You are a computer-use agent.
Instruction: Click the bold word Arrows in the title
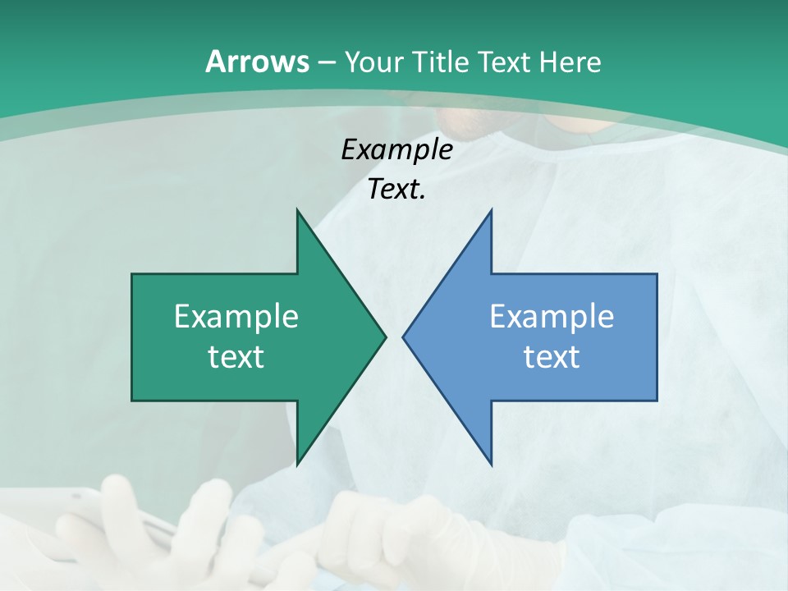click(257, 62)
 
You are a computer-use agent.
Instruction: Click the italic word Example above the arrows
click(396, 149)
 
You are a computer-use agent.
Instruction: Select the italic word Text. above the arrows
click(396, 190)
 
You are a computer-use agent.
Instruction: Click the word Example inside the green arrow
click(236, 316)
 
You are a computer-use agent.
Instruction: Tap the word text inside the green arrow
click(236, 356)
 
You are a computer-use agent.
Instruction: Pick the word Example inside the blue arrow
click(552, 316)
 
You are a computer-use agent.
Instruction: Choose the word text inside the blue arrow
click(552, 356)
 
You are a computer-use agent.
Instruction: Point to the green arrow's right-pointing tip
click(384, 337)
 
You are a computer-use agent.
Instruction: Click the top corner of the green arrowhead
click(297, 211)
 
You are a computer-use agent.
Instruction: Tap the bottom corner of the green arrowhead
click(297, 464)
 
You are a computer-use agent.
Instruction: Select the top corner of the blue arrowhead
click(491, 211)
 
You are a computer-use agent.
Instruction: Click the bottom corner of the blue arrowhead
click(491, 464)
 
